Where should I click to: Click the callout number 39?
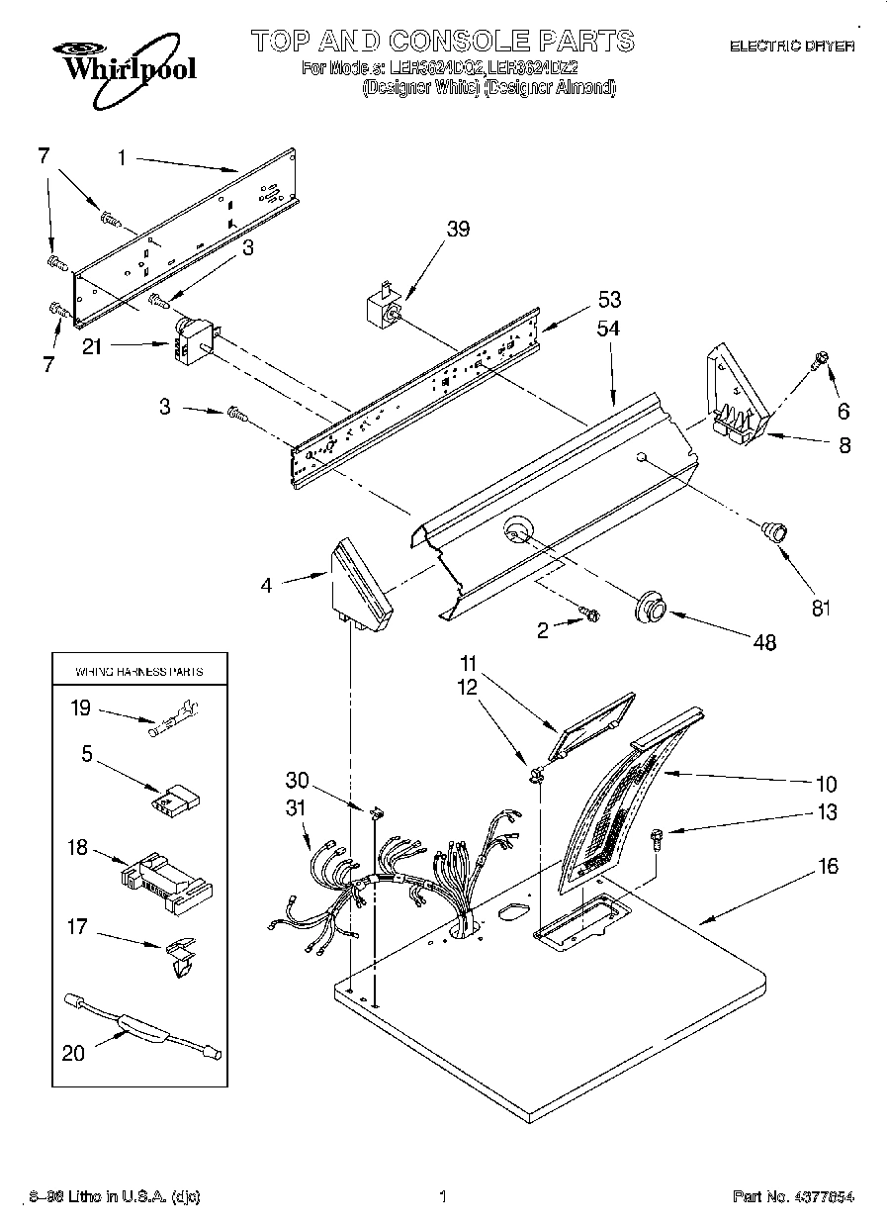pyautogui.click(x=458, y=229)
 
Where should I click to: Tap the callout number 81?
pyautogui.click(x=821, y=609)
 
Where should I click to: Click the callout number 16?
pyautogui.click(x=829, y=867)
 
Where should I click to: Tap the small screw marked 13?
pyautogui.click(x=658, y=839)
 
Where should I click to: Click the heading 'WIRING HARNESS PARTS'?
pyautogui.click(x=139, y=671)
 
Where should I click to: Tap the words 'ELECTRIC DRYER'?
pyautogui.click(x=791, y=46)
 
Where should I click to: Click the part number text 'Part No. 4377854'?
pyautogui.click(x=793, y=1196)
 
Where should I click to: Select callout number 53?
pyautogui.click(x=609, y=300)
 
